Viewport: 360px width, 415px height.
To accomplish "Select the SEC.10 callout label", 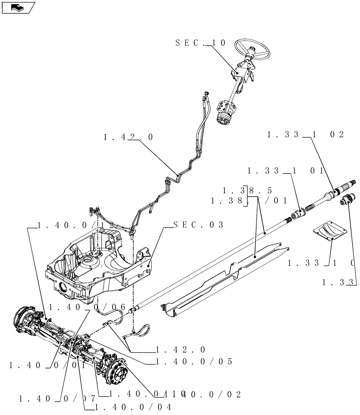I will coord(200,43).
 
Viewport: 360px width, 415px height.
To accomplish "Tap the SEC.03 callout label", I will coord(198,225).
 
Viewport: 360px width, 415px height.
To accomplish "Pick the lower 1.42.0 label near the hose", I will coord(180,350).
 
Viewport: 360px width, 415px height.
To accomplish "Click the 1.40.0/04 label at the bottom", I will coord(133,407).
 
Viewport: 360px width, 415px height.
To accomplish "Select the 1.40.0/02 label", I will coord(207,394).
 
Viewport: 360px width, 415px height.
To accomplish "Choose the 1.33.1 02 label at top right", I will coord(306,134).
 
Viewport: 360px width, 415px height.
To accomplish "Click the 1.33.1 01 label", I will coord(285,171).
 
